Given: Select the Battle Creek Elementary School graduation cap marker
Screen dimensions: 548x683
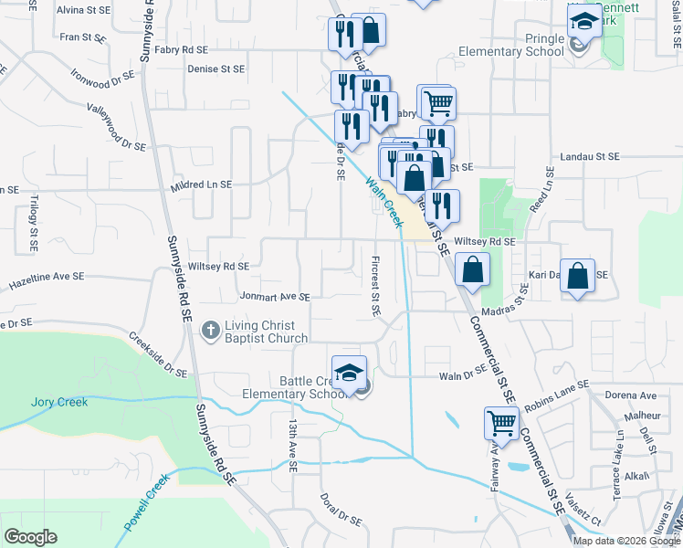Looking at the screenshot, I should pyautogui.click(x=349, y=373).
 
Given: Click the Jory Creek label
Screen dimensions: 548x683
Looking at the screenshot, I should pyautogui.click(x=59, y=402).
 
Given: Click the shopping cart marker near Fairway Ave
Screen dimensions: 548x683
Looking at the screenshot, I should pyautogui.click(x=501, y=424).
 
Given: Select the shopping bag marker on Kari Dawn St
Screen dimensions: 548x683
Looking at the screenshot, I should pyautogui.click(x=579, y=276).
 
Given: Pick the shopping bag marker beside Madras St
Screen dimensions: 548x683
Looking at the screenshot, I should pyautogui.click(x=472, y=269).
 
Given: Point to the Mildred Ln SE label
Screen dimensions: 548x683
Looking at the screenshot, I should pyautogui.click(x=201, y=184).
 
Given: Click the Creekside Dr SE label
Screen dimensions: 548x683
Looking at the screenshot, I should pyautogui.click(x=157, y=355).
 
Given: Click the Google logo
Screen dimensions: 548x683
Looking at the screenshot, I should pyautogui.click(x=30, y=537).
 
